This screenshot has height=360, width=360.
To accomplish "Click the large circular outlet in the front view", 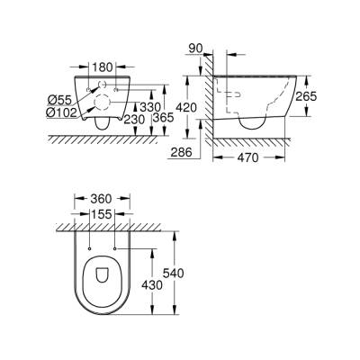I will [x=104, y=102].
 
